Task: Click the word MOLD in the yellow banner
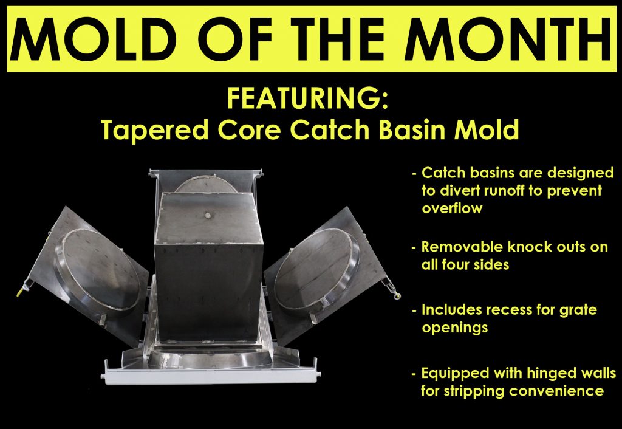coord(94,39)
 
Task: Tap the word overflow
coord(452,208)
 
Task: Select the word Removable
coord(462,247)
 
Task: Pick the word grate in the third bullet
coord(578,310)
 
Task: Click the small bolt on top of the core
coord(208,215)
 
